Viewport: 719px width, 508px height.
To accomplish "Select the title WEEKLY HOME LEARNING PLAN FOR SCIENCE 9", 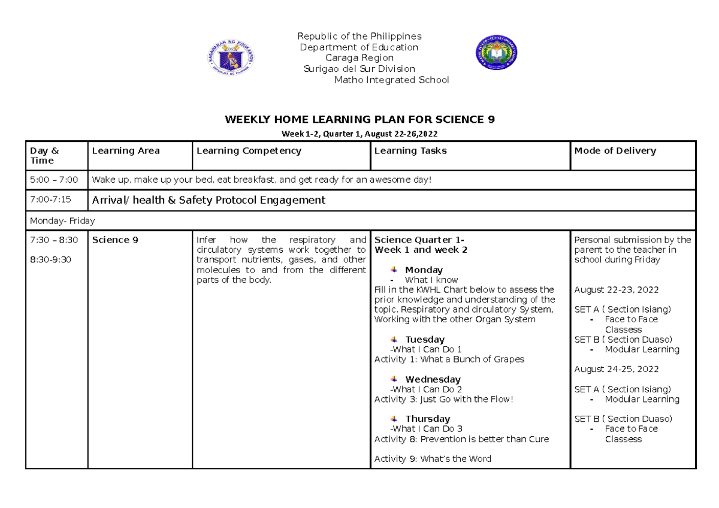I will [359, 119].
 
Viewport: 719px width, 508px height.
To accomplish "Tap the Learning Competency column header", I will [249, 151].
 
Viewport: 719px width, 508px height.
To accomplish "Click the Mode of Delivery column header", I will [615, 151].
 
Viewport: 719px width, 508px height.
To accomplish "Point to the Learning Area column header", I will [125, 151].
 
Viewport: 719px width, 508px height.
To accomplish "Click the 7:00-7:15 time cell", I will [50, 200].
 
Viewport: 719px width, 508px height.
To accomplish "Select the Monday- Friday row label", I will [62, 220].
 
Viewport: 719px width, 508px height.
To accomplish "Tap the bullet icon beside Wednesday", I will [394, 379].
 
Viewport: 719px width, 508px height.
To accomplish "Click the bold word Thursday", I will [427, 419].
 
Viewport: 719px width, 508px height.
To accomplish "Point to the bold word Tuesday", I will [425, 340].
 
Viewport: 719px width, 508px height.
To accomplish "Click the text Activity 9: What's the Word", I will [433, 459].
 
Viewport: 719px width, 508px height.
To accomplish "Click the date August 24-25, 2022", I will [617, 369].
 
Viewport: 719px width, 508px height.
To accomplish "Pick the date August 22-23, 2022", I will [617, 290].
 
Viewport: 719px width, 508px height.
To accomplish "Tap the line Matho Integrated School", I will [391, 80].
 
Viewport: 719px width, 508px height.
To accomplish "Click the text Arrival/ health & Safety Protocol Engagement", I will [209, 200].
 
